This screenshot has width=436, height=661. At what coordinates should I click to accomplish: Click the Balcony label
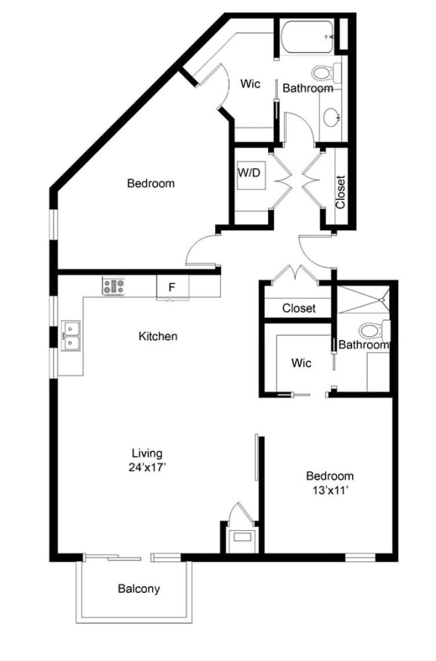(x=139, y=588)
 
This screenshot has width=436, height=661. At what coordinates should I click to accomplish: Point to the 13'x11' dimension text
(x=329, y=490)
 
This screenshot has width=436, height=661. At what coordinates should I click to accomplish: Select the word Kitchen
(x=158, y=335)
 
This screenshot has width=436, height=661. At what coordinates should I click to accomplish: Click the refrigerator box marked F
(x=172, y=288)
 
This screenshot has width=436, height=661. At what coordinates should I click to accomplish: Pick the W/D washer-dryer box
(x=250, y=173)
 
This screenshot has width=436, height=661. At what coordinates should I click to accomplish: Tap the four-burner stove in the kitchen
(x=114, y=286)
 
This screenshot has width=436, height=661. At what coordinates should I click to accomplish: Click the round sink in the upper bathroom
(x=332, y=117)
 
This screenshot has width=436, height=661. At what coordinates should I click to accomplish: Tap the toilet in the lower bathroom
(x=372, y=331)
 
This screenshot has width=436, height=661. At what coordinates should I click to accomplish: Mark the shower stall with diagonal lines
(x=364, y=301)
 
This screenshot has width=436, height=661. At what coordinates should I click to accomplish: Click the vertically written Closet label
(x=340, y=192)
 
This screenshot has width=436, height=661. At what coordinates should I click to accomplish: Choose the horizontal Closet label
(x=298, y=308)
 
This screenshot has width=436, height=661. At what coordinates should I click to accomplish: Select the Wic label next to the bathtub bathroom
(x=251, y=83)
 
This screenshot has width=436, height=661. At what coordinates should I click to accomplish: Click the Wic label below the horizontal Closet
(x=301, y=363)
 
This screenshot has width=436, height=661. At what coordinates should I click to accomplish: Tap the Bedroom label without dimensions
(x=151, y=183)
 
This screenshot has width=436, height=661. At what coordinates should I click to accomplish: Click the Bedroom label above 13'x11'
(x=329, y=475)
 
